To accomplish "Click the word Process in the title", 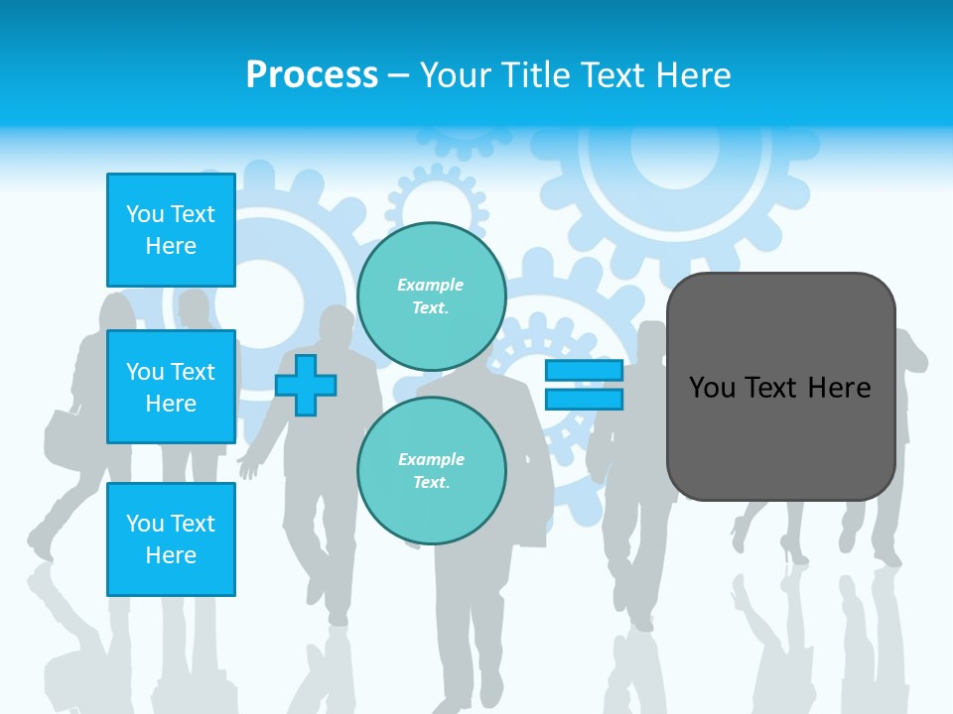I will click(312, 75).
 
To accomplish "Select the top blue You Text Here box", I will click(171, 230).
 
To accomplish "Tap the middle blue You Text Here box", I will click(171, 387).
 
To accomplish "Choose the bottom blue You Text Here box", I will click(171, 539).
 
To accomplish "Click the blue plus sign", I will click(306, 385).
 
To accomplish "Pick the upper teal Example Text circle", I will click(431, 297).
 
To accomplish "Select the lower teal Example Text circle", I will click(431, 471).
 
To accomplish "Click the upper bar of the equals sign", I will click(584, 371).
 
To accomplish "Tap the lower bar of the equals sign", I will click(584, 400).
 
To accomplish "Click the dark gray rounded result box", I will click(780, 436).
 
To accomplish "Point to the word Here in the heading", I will click(694, 75).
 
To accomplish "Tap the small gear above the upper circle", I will click(437, 204).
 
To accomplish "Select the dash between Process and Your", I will click(399, 77).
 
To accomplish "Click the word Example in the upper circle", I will click(431, 285).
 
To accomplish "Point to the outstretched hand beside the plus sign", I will click(247, 464).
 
